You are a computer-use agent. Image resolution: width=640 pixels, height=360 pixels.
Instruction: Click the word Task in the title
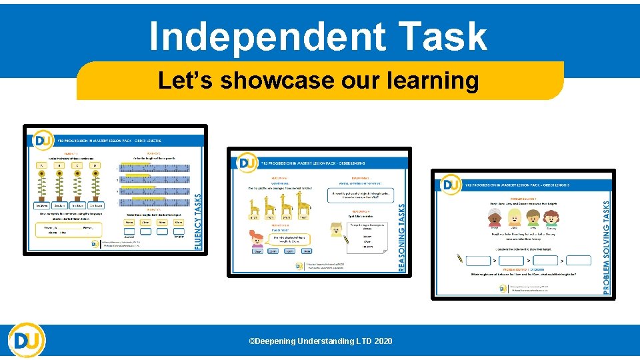[440, 36]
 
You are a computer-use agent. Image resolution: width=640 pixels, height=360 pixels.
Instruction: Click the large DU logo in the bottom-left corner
[27, 341]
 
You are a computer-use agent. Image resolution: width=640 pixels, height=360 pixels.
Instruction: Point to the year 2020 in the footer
[383, 341]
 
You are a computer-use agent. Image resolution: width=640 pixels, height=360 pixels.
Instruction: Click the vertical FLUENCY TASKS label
[197, 221]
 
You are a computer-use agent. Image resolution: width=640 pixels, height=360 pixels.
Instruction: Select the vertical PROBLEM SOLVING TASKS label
[605, 240]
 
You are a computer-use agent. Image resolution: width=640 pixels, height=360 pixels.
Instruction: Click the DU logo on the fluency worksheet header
[41, 141]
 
